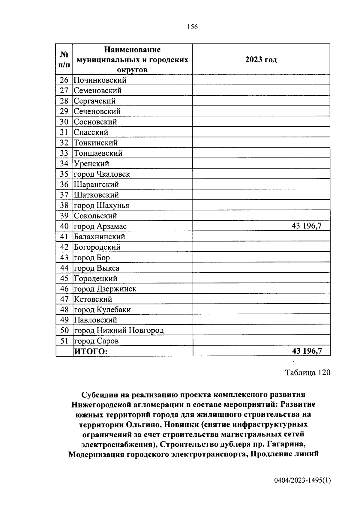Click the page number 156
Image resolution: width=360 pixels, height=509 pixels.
tap(192, 27)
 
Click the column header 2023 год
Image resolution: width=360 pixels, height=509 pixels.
tap(261, 59)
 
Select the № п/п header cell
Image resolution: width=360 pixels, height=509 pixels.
tap(64, 59)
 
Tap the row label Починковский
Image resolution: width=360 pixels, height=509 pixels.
tap(100, 80)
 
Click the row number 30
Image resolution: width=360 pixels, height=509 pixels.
tap(64, 122)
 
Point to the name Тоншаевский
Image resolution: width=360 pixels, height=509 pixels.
tap(98, 153)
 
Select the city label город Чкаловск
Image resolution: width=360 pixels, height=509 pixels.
tap(102, 174)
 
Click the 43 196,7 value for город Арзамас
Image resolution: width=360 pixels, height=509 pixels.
tap(306, 226)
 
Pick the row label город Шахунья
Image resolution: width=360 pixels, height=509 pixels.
tap(101, 205)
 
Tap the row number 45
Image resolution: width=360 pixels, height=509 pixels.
tap(64, 278)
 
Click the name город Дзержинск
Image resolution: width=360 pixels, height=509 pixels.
tap(105, 289)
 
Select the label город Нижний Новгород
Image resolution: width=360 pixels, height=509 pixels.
tap(119, 331)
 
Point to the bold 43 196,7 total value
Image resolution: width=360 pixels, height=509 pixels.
tap(307, 351)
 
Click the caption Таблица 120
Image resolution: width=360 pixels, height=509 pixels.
tap(307, 373)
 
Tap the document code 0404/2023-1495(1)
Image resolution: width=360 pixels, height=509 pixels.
tap(302, 481)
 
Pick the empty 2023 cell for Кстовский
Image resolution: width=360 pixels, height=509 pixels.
tap(261, 299)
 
